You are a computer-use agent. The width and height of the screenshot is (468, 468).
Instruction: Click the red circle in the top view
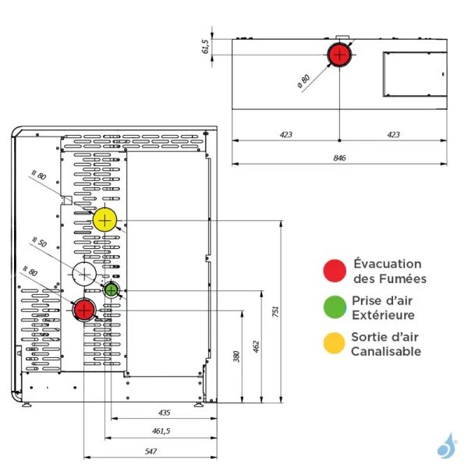click(x=339, y=55)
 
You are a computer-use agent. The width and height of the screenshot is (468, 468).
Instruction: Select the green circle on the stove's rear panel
click(x=112, y=291)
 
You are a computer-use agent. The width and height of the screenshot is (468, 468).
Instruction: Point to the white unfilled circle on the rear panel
click(x=85, y=275)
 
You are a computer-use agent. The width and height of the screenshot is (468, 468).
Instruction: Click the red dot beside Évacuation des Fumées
click(x=335, y=271)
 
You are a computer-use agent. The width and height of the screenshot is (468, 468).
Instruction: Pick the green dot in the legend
click(x=335, y=307)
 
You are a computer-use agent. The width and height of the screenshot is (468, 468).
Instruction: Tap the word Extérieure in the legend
click(x=383, y=315)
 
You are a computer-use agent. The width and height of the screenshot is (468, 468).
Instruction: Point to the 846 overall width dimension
click(x=339, y=158)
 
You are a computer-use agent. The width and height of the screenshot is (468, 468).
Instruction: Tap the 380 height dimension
click(x=237, y=358)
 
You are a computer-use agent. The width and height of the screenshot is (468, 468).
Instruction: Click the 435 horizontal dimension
click(x=163, y=412)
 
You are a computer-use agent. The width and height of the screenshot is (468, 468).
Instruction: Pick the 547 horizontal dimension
click(x=151, y=452)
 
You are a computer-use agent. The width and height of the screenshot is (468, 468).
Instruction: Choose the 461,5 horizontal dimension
click(x=161, y=431)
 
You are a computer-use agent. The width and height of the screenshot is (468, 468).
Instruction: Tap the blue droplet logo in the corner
click(x=446, y=447)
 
